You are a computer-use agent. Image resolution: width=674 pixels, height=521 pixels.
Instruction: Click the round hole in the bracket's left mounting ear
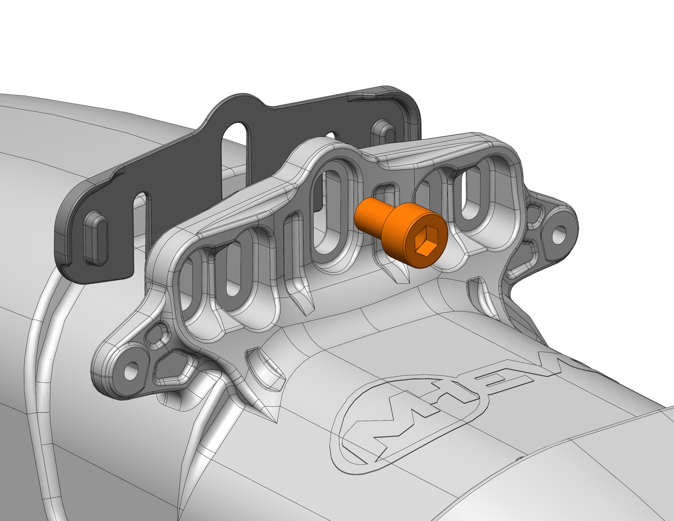131,371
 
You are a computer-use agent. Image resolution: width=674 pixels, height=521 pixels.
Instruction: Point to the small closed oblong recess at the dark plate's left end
95,239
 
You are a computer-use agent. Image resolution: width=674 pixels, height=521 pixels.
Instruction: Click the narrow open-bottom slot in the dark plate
143,219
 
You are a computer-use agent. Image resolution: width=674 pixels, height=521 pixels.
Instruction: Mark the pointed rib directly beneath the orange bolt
396,273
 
